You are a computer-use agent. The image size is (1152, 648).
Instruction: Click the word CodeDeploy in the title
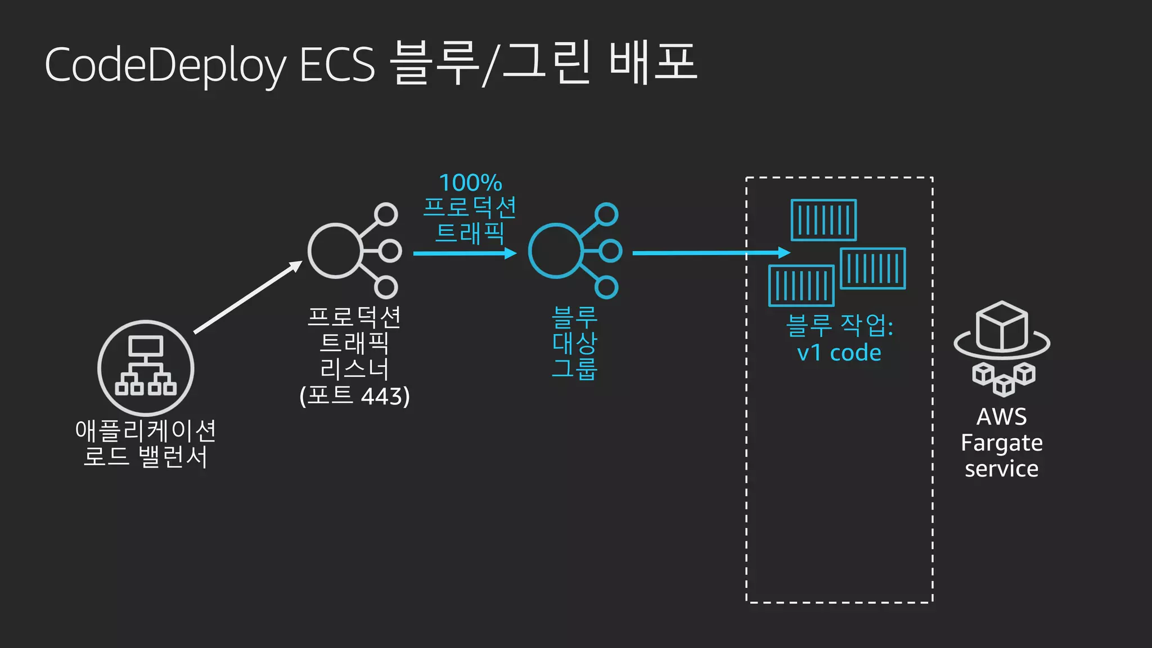pos(164,65)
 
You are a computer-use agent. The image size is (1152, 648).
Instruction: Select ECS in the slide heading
pos(337,65)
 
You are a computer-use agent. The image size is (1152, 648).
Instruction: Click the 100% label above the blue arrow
pos(470,183)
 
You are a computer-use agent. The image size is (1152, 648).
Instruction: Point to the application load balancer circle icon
pos(146,368)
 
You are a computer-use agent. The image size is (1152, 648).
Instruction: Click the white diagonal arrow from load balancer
pos(247,298)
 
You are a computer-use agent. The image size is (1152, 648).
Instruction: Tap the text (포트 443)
pos(354,396)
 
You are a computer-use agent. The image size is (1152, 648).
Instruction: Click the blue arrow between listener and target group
pos(465,253)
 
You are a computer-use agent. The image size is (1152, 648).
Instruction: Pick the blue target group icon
pos(574,251)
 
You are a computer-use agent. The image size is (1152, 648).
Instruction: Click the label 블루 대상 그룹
pos(574,343)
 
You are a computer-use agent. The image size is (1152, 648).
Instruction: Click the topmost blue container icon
pos(823,220)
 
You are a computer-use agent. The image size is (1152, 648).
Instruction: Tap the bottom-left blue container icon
pos(801,286)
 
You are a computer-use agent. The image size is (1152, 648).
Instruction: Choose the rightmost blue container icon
pos(872,268)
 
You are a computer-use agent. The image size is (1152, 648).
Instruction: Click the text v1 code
pos(839,353)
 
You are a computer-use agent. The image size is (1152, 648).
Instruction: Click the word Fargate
pos(1001,443)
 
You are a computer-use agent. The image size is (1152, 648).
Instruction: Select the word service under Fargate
pos(1001,469)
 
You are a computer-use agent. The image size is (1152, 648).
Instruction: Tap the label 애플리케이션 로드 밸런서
pos(146,443)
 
